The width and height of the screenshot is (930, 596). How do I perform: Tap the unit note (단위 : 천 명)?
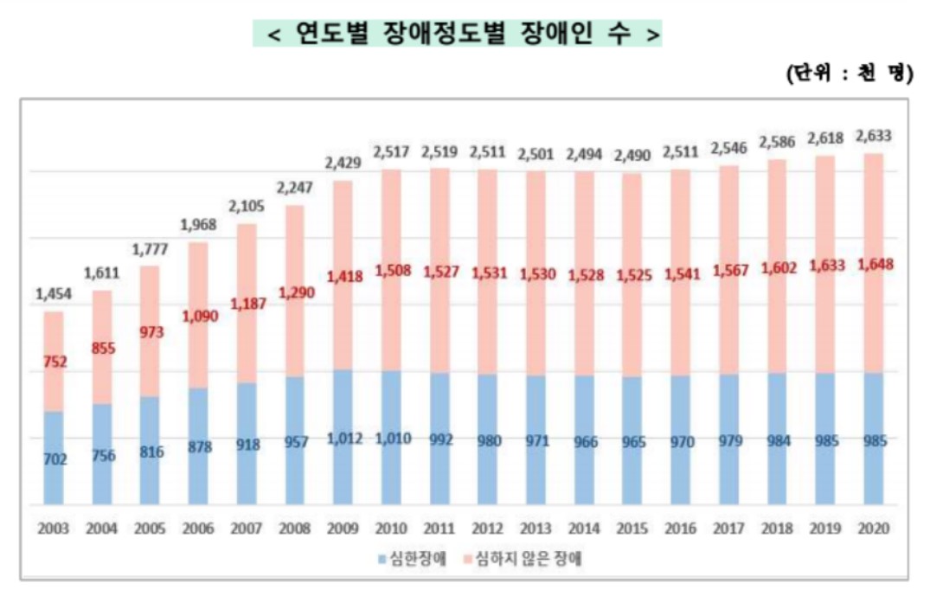849,74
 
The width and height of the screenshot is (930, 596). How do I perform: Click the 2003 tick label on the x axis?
54,528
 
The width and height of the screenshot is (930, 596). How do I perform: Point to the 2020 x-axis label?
873,528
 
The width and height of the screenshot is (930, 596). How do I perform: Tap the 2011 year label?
439,528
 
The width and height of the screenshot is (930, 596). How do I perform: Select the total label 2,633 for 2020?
873,137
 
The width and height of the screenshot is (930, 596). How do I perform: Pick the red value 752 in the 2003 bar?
54,362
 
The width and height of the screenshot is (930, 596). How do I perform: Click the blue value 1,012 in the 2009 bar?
343,439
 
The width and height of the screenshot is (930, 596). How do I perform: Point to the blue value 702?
54,458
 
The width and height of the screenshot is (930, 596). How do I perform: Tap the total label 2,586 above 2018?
777,141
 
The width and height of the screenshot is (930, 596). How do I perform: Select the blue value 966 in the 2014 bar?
584,440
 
